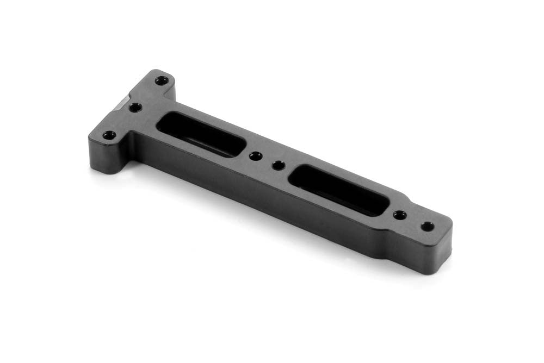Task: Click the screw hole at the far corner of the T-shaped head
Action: (x=161, y=81)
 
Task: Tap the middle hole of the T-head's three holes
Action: (x=135, y=107)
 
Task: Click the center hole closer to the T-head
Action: (x=254, y=156)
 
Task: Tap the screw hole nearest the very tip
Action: (x=428, y=226)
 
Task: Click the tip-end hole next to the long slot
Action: (x=400, y=215)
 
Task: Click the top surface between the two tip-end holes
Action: (x=414, y=220)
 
